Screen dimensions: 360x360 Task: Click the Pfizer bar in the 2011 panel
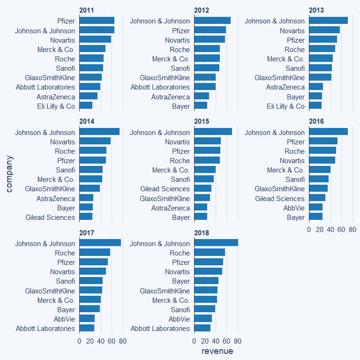[97, 21]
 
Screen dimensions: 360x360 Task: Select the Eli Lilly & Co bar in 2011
[86, 106]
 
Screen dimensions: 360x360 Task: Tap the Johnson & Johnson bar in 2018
[216, 243]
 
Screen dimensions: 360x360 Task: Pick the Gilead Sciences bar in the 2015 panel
[202, 188]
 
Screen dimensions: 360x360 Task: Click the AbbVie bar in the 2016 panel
[315, 207]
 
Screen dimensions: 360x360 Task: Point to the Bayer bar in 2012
[201, 106]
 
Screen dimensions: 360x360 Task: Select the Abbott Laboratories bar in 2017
[87, 328]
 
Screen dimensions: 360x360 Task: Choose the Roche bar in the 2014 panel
[93, 151]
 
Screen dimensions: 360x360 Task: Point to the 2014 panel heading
[87, 121]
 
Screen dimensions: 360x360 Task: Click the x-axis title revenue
[217, 351]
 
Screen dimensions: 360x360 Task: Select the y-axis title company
[9, 174]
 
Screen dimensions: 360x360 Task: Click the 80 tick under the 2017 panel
[123, 341]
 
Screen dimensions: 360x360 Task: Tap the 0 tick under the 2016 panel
[309, 230]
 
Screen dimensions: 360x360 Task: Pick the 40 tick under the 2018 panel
[216, 341]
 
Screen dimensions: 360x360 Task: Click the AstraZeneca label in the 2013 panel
[285, 87]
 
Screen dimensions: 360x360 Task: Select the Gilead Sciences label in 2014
[50, 217]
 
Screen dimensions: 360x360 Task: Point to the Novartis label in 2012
[177, 40]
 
